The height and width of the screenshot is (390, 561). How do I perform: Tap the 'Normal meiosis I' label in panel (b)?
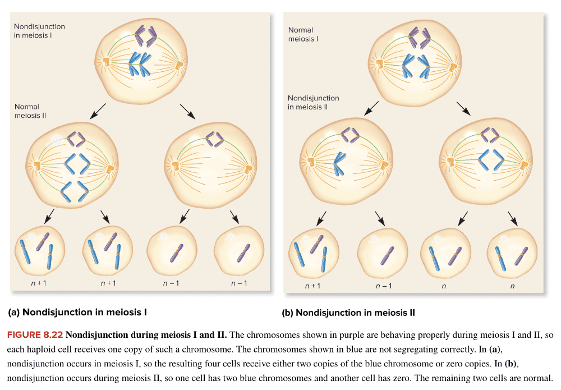pos(303,34)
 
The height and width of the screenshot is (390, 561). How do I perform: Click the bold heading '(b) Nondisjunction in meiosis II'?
pos(348,313)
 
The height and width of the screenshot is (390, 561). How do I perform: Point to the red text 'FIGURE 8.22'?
pos(34,335)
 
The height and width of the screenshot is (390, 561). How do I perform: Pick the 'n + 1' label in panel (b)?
pos(312,286)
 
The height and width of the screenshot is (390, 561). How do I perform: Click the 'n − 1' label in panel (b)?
pos(383,286)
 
